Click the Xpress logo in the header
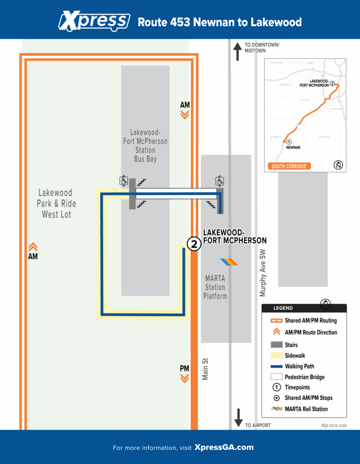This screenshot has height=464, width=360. coord(94,21)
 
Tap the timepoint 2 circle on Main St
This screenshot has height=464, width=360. coord(194,244)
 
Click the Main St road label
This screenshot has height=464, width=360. coord(205,369)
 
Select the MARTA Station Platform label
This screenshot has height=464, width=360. coord(215,287)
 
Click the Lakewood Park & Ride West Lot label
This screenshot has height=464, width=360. coord(57,204)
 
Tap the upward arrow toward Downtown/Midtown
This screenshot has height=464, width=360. coord(237,51)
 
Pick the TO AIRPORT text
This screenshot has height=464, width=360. coord(258,425)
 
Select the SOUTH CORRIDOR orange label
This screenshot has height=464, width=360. coord(289,166)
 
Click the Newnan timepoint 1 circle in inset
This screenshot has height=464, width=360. coord(289,142)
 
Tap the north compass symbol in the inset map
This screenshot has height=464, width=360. coord(337,165)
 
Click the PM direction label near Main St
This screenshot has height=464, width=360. coord(185,368)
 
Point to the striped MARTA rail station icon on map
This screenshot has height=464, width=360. coord(229,262)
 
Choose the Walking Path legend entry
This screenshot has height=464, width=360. coord(299,366)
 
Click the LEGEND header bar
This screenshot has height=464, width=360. coord(304,308)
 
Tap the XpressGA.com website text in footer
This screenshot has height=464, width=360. coord(224,448)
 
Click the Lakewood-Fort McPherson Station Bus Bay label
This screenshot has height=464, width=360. coord(145,145)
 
